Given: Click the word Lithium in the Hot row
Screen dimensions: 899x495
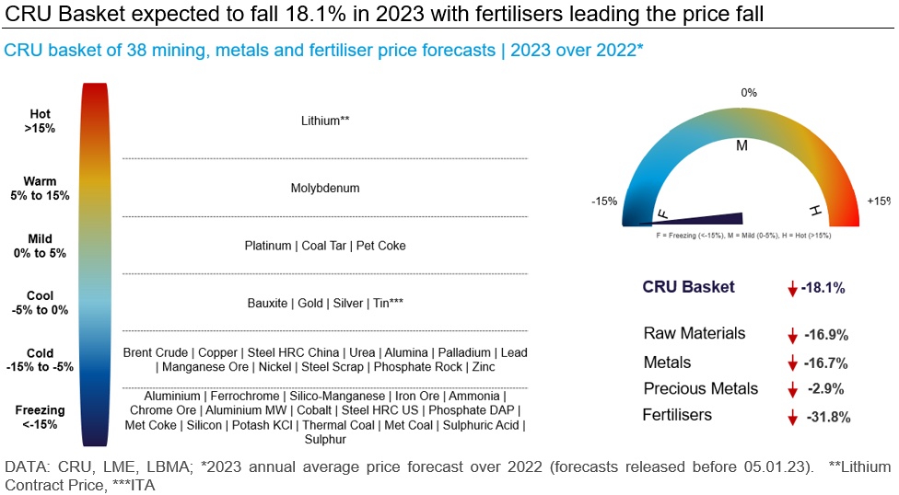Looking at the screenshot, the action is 321,121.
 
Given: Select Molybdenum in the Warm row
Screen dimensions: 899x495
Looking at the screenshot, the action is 325,189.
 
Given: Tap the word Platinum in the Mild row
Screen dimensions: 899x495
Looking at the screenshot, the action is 268,246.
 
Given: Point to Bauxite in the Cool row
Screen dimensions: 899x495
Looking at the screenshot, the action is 267,303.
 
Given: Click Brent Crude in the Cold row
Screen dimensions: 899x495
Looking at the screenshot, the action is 156,353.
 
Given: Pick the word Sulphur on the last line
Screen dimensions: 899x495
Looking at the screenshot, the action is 325,440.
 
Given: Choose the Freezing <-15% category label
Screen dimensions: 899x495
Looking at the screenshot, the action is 41,417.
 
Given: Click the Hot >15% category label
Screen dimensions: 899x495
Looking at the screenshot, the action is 41,121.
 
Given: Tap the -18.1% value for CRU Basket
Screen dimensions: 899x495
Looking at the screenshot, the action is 823,288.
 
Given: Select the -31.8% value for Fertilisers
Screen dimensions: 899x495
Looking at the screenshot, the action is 828,417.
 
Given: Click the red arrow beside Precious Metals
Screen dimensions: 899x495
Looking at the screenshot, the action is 792,389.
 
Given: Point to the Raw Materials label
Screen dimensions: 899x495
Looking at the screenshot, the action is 695,333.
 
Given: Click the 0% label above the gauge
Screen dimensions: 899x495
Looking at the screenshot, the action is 749,93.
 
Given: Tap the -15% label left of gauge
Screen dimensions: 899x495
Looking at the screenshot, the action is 604,201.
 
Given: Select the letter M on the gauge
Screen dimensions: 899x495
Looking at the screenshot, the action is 741,145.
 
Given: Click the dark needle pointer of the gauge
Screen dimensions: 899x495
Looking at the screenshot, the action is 691,219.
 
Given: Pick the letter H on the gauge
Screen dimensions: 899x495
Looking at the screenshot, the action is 815,211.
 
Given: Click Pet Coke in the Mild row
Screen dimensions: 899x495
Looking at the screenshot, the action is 380,246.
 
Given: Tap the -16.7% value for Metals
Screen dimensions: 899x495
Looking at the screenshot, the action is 825,363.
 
